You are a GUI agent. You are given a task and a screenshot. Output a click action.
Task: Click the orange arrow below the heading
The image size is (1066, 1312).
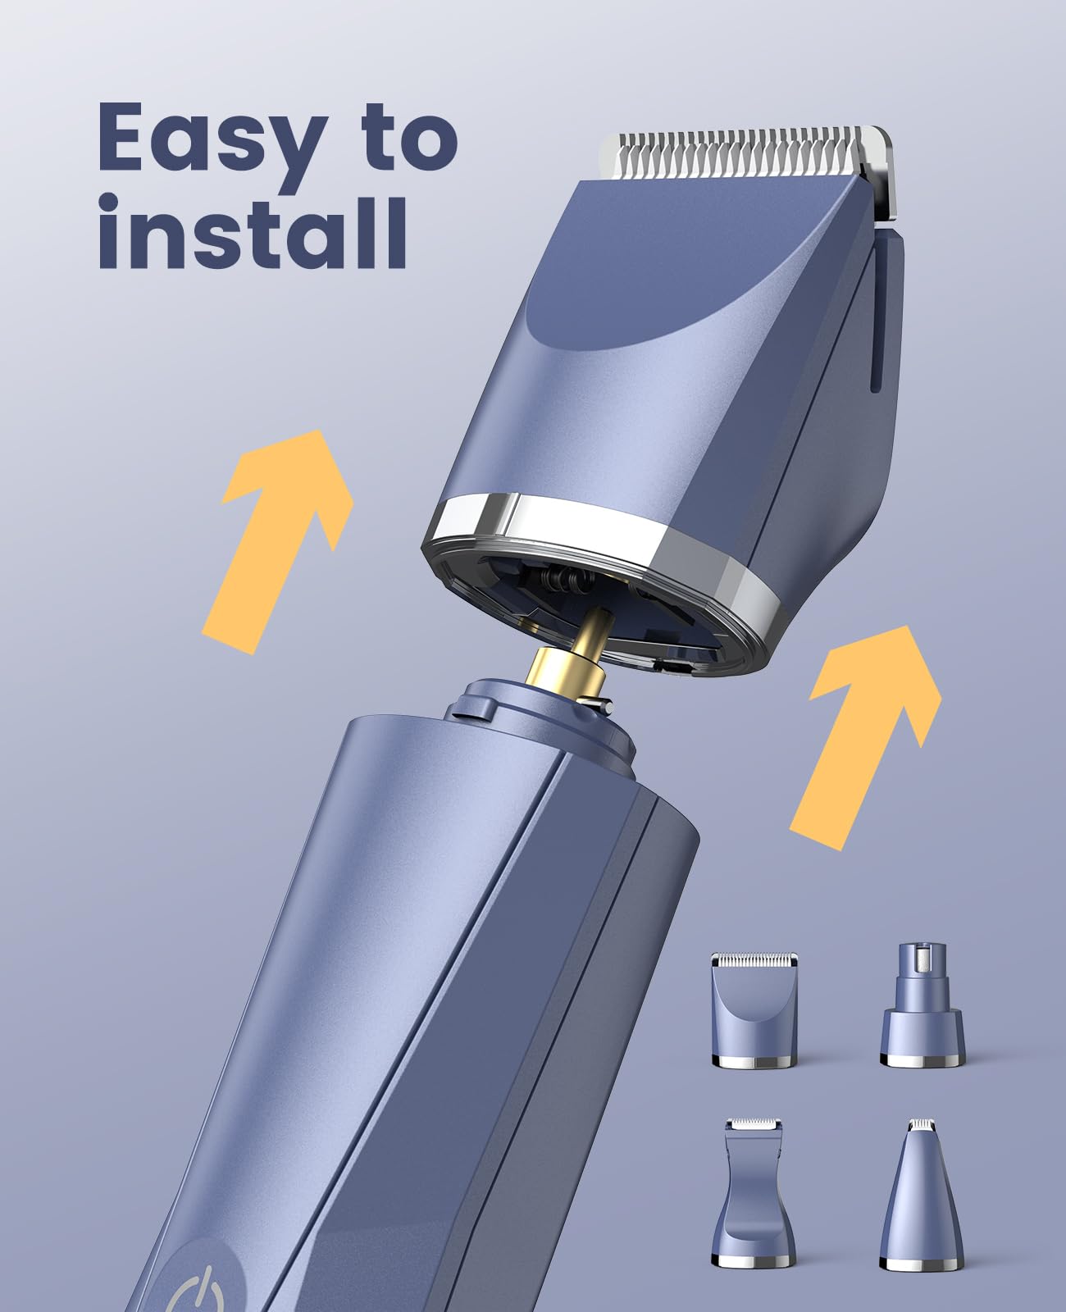(278, 541)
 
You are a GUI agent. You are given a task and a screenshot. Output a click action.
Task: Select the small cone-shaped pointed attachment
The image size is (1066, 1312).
(922, 1195)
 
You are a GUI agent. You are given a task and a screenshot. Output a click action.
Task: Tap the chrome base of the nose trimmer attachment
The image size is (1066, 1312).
(922, 1059)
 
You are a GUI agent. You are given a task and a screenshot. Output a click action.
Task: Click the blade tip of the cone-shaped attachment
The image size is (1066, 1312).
(922, 1125)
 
